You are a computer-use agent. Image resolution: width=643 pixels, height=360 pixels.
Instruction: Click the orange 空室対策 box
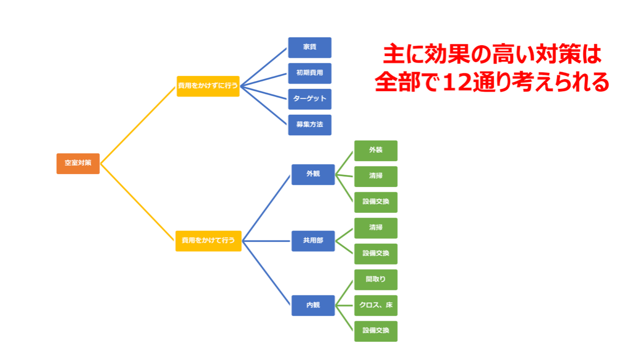pos(78,163)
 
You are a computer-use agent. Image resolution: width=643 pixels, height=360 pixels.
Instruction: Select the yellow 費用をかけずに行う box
pos(208,86)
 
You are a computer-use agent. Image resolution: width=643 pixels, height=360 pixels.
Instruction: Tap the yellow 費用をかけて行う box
pos(208,241)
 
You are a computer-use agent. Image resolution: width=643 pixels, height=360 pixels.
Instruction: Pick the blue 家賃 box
pos(310,47)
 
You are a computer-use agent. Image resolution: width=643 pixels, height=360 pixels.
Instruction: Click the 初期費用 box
pos(310,73)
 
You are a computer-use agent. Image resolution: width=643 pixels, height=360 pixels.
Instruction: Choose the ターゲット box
pos(310,99)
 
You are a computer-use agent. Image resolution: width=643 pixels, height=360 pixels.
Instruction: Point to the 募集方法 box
pos(310,125)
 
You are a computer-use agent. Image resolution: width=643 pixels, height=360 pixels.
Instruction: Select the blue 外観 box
pos(313,175)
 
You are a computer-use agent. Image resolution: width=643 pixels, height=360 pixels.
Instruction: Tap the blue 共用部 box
pos(313,241)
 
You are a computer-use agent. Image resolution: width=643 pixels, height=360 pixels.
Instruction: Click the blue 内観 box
pos(313,306)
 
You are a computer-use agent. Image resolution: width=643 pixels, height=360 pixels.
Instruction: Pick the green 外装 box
pos(376,151)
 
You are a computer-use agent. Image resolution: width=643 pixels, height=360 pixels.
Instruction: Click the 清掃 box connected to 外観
pos(376,177)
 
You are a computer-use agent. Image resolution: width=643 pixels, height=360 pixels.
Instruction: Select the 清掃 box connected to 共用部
pos(376,228)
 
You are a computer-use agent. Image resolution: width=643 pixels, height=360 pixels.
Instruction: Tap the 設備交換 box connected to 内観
pos(376,331)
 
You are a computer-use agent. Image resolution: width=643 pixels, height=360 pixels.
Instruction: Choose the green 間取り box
pos(376,280)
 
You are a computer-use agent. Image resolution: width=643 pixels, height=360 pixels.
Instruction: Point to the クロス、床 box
pos(376,306)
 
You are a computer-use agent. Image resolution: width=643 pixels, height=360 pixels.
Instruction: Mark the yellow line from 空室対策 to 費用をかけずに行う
pos(138,125)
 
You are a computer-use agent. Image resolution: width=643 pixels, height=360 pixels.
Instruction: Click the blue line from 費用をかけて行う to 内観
pos(267,273)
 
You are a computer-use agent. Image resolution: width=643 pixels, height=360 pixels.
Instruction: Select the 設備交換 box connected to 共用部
pos(376,254)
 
